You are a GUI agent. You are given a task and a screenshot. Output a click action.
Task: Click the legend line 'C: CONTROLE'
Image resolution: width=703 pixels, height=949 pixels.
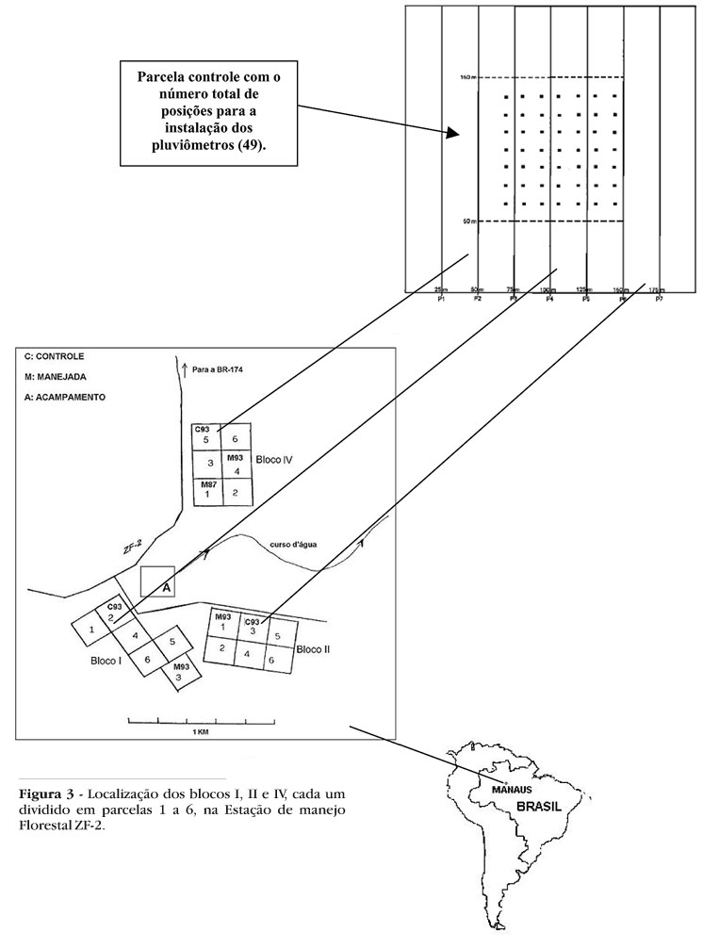(x=56, y=357)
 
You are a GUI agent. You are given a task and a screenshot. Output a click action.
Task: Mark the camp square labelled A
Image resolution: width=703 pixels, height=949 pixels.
(x=156, y=581)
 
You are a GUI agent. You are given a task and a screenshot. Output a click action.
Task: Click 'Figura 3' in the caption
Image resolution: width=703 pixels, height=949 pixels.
(x=43, y=788)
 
